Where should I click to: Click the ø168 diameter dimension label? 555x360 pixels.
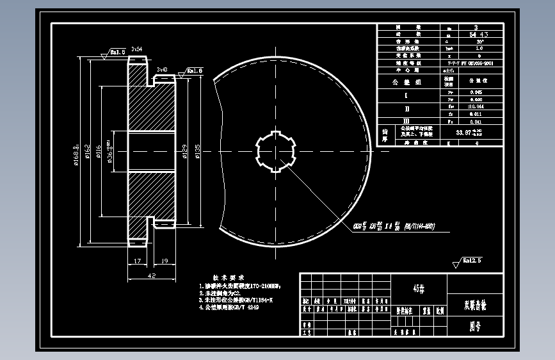click(x=76, y=154)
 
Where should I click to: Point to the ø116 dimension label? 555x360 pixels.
click(x=99, y=152)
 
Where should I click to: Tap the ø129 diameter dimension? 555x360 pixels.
click(x=185, y=152)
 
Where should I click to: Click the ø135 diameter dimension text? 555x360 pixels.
click(x=197, y=152)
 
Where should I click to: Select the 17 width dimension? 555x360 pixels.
click(x=138, y=261)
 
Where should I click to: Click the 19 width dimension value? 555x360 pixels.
click(x=163, y=261)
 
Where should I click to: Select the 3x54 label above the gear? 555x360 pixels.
click(x=136, y=49)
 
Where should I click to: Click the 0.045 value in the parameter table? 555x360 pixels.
click(x=476, y=92)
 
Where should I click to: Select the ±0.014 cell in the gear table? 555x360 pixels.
click(x=476, y=106)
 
